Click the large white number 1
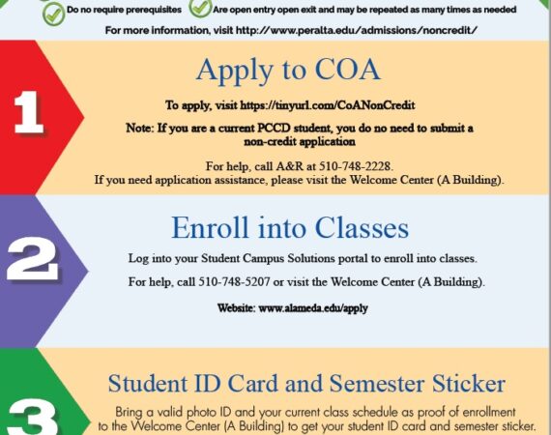point(28,112)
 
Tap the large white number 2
point(32,259)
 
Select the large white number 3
point(33,419)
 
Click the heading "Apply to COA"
point(288,71)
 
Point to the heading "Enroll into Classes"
point(290,228)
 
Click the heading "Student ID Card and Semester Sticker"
point(306,384)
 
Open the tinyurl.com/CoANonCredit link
point(327,105)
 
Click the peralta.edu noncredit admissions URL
point(357,30)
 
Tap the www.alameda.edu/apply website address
point(313,308)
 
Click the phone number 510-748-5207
point(234,282)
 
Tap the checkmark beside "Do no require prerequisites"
point(53,14)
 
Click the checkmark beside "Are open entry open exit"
point(200,8)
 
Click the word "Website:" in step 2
point(236,308)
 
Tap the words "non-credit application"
point(300,141)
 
